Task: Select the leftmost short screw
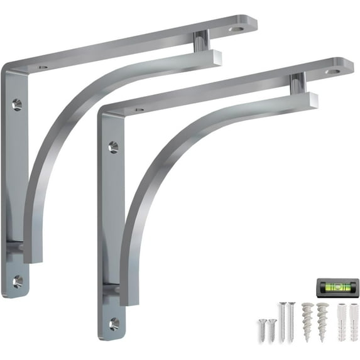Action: point(263,327)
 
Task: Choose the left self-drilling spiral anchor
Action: point(307,317)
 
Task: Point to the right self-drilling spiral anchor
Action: point(322,317)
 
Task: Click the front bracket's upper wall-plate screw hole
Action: point(113,147)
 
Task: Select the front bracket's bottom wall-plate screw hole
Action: point(114,324)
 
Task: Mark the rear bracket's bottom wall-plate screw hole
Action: point(18,280)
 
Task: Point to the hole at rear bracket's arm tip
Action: point(236,28)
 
